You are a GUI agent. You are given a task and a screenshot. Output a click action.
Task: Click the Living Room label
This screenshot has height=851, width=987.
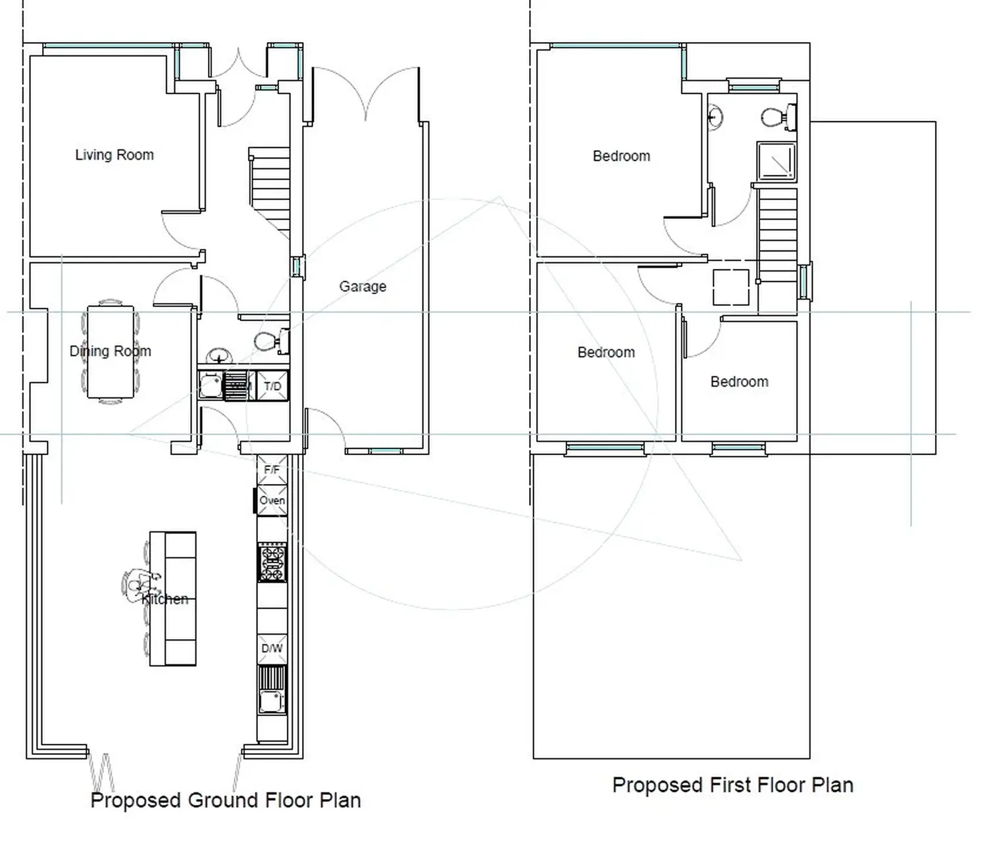[114, 155]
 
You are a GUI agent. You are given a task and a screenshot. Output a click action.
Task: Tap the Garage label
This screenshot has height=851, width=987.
[363, 286]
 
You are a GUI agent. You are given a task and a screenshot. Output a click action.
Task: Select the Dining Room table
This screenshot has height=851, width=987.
[111, 352]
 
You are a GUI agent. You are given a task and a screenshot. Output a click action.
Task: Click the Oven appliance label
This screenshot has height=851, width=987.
[272, 500]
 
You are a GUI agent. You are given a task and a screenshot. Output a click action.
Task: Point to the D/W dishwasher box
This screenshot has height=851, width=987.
[272, 648]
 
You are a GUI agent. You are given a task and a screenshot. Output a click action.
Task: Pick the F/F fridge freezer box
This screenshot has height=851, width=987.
[272, 470]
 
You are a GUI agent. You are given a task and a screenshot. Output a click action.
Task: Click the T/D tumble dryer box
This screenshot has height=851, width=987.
[272, 385]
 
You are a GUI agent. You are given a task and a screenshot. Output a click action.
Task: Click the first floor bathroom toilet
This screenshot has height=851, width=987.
[779, 117]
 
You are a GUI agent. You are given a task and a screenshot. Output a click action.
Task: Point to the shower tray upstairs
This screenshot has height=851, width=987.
[776, 161]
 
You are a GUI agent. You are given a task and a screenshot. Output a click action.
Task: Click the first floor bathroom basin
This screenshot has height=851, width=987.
[715, 116]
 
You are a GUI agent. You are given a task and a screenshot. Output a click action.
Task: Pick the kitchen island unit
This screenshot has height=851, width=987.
[173, 598]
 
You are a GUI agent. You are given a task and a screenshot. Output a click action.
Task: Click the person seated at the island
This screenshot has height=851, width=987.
[140, 585]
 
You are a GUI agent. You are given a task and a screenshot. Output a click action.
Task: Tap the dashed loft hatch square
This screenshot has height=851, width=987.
[730, 287]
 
